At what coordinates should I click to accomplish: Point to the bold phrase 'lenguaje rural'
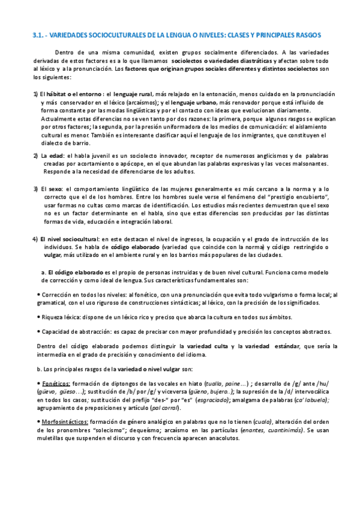tap(133, 94)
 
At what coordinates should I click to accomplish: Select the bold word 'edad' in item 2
tap(59, 156)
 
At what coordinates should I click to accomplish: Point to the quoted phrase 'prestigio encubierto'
tap(302, 197)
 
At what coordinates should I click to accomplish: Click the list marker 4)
tap(35, 239)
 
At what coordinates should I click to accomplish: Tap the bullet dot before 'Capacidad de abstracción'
tap(38, 331)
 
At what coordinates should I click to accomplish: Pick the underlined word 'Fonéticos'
tap(56, 383)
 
